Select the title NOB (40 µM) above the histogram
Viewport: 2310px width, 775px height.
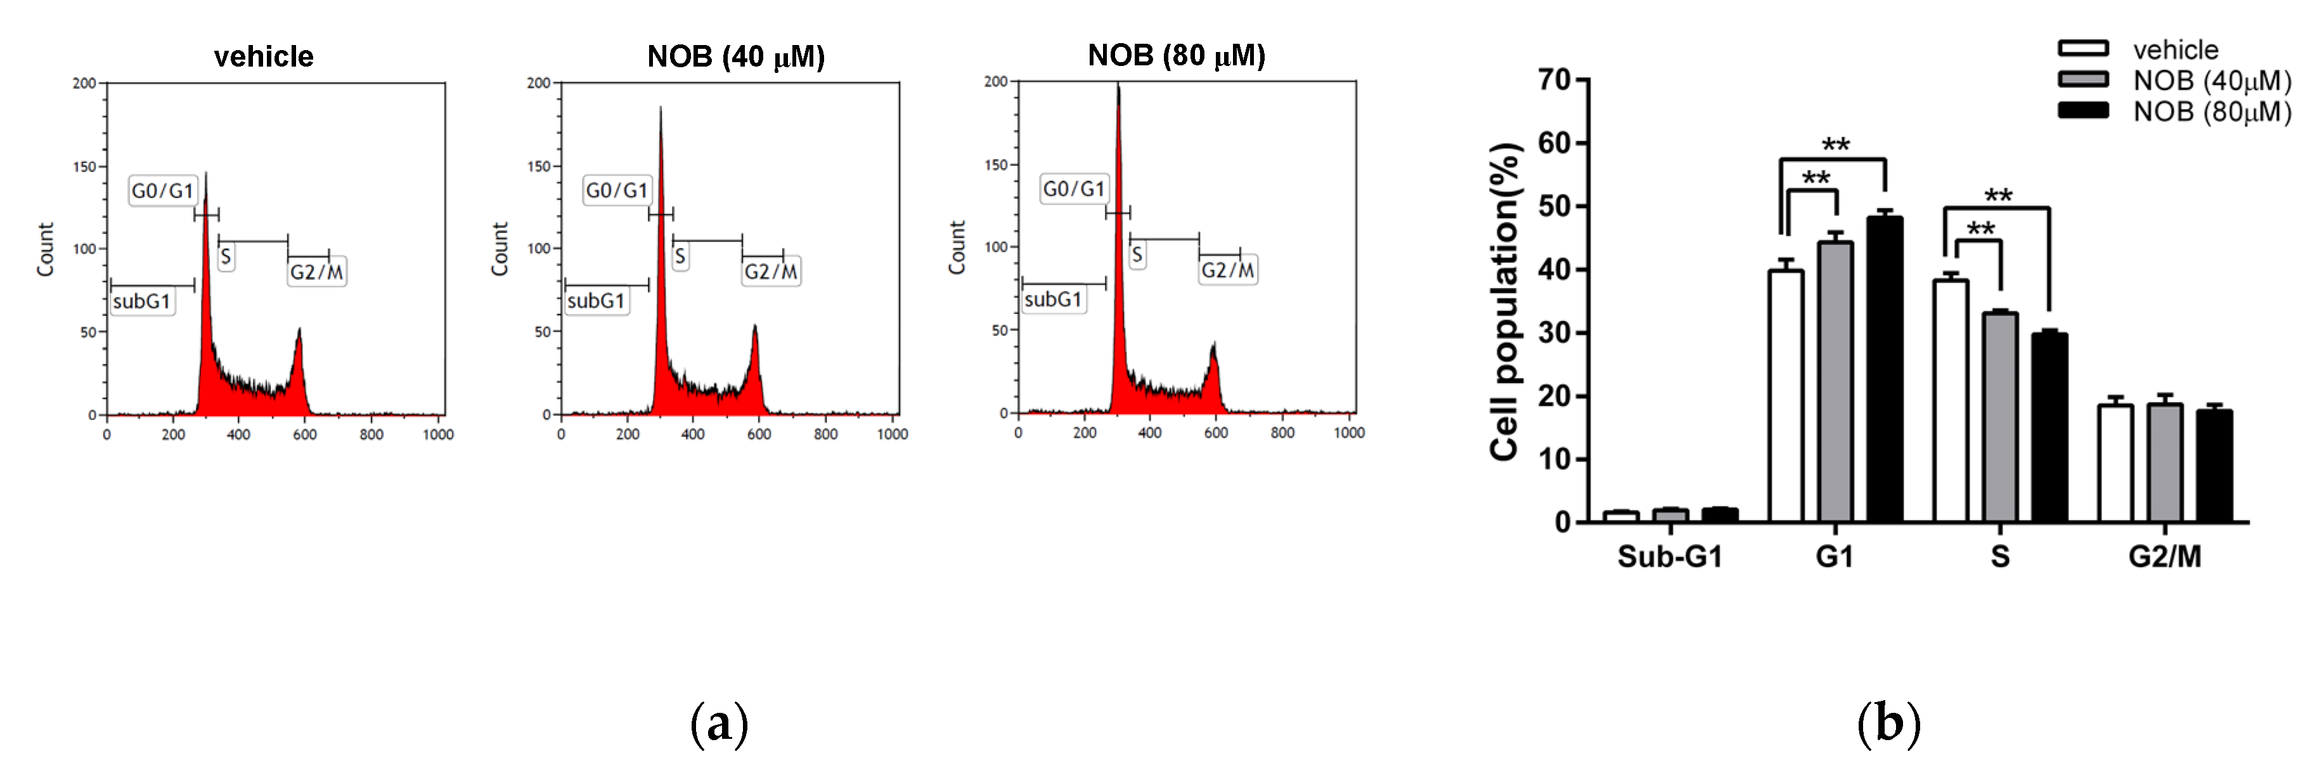tap(735, 56)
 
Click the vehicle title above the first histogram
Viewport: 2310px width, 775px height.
tap(264, 56)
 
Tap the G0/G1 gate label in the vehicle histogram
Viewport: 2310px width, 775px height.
tap(162, 191)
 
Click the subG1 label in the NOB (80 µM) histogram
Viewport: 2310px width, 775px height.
tap(1053, 299)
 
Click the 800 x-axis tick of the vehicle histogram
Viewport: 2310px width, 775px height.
tap(371, 435)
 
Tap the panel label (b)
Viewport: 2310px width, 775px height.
tap(1890, 724)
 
